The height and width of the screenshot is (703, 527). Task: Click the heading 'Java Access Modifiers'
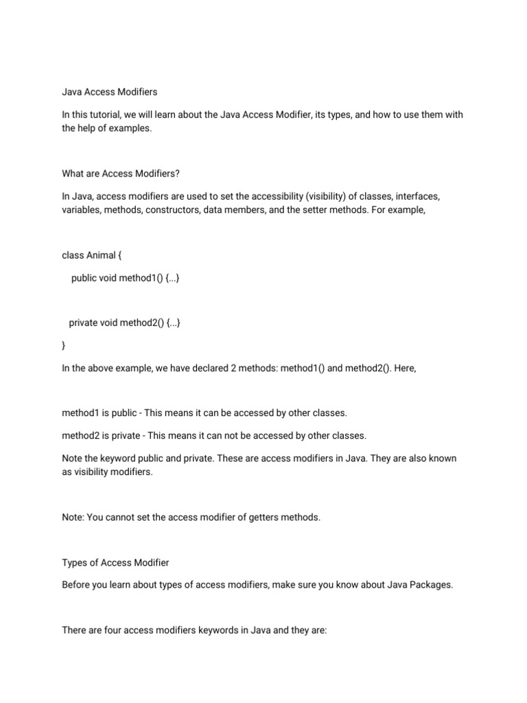(110, 91)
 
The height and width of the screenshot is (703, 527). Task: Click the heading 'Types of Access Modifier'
(115, 562)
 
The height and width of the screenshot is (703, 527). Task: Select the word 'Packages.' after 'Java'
(433, 585)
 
